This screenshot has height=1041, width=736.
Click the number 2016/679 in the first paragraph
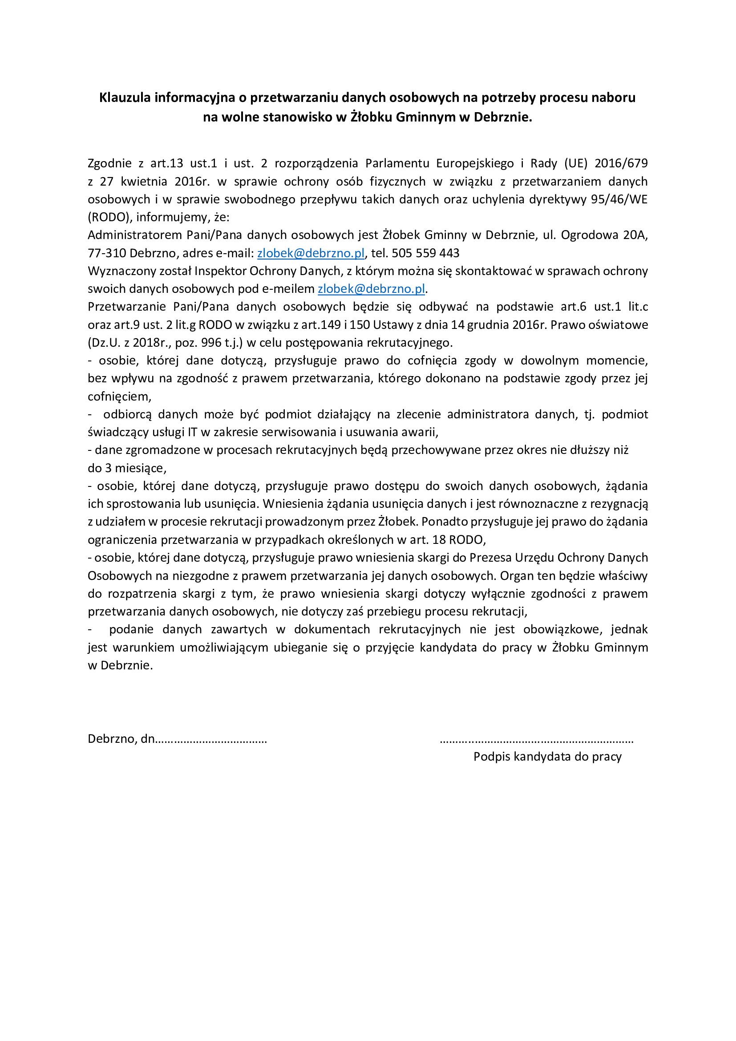621,163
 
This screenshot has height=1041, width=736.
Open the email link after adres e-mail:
311,253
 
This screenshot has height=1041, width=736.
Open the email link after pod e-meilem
371,289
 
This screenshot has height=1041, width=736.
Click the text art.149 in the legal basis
321,324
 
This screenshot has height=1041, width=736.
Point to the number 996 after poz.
211,343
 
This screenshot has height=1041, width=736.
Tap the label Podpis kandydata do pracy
547,757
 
